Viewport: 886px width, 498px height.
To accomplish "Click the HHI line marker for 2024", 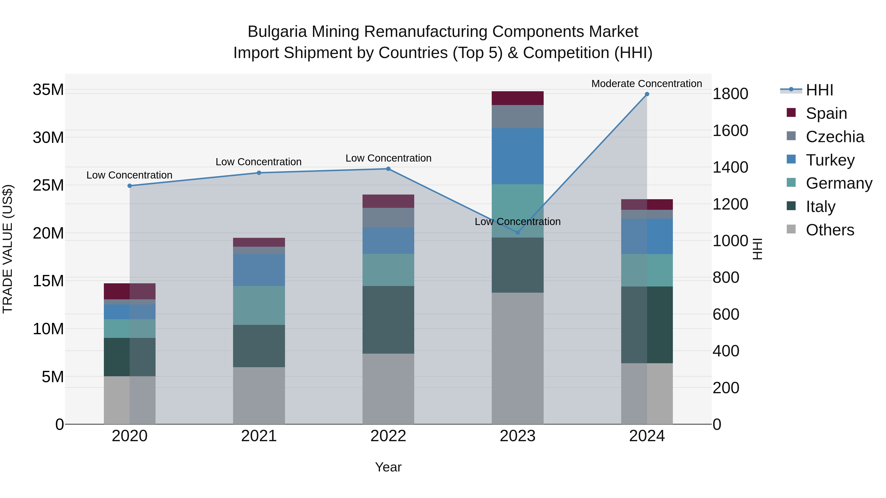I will (x=647, y=94).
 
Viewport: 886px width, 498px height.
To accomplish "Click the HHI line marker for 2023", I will (x=517, y=232).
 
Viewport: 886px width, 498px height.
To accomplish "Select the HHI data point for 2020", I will (x=130, y=186).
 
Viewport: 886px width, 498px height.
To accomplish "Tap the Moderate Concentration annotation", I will (x=646, y=84).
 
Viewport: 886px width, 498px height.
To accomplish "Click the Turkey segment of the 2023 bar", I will (x=517, y=156).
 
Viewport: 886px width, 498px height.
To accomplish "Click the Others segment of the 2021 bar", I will (x=259, y=395).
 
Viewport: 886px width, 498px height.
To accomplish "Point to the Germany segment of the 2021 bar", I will (x=259, y=305).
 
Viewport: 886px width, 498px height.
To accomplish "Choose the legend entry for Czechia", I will (x=834, y=137).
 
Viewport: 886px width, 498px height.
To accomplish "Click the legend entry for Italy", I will (x=820, y=207).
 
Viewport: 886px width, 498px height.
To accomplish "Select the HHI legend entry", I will (x=819, y=90).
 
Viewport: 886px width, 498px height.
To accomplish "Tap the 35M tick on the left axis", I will (x=48, y=90).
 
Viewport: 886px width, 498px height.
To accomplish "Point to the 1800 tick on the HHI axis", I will (x=730, y=94).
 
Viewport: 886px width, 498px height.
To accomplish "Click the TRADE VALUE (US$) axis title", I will (x=8, y=249).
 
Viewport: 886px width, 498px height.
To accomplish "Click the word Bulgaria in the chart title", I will (x=277, y=32).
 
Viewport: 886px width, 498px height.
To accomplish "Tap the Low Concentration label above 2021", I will (x=258, y=162).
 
